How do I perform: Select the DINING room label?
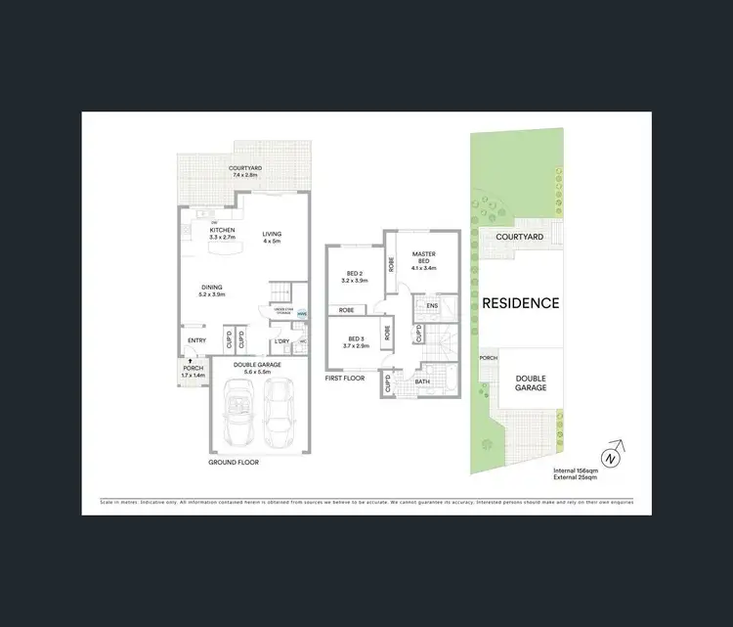point(211,288)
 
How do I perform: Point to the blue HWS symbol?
point(301,314)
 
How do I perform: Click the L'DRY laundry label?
point(281,341)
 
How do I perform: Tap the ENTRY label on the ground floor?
point(196,340)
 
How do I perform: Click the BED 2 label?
point(355,275)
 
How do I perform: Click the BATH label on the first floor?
point(422,381)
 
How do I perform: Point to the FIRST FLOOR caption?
point(345,377)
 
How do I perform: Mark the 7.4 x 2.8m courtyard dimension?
point(245,174)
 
